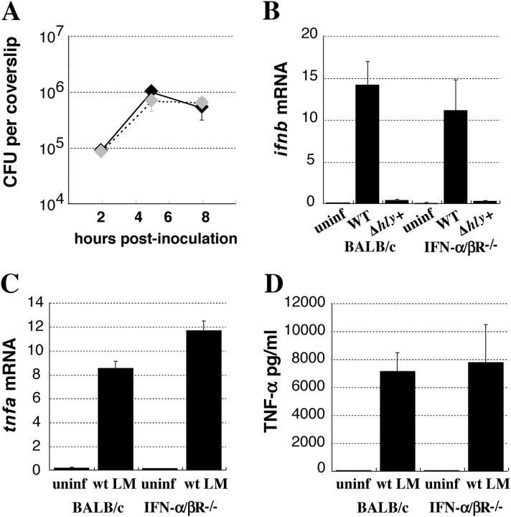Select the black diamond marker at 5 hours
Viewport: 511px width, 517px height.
point(151,91)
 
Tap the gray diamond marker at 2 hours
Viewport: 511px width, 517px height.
point(101,150)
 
